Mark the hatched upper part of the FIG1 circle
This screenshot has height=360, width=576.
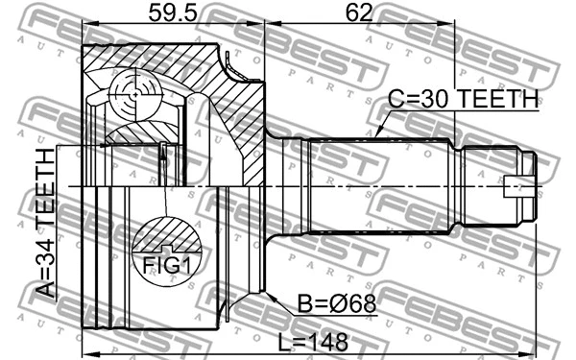[167, 235]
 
